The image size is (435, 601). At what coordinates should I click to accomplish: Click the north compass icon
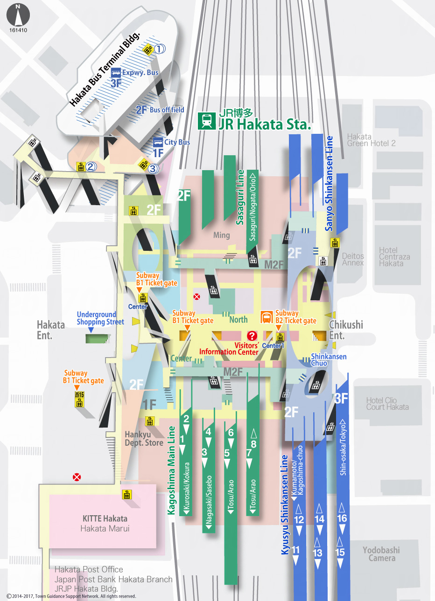click(18, 15)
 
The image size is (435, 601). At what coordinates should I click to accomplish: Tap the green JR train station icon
click(206, 120)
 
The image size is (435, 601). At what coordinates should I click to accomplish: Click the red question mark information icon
click(252, 336)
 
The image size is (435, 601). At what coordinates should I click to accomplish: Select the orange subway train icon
click(267, 318)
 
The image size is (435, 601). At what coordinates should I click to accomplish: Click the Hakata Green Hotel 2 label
click(371, 140)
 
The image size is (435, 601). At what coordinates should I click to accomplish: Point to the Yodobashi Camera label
click(381, 554)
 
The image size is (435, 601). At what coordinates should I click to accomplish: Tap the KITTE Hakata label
click(105, 518)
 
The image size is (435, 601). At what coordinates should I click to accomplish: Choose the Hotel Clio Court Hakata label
click(387, 404)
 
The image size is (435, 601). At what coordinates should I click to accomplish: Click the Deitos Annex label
click(353, 259)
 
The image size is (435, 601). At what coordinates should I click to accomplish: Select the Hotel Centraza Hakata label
click(394, 257)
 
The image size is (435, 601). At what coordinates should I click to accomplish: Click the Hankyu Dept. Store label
click(144, 439)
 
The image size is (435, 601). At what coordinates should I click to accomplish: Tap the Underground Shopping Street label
click(100, 318)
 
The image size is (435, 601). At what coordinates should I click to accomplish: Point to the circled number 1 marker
click(160, 49)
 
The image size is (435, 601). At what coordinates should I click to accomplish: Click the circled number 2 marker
click(91, 166)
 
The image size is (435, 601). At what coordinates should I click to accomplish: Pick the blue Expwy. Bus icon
click(116, 73)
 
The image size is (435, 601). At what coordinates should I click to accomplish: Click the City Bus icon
click(158, 142)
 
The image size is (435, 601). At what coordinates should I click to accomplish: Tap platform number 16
click(342, 518)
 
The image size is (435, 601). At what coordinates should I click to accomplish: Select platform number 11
click(296, 550)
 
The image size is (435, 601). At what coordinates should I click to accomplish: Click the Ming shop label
click(221, 235)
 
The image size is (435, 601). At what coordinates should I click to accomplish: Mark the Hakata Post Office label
click(89, 569)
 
